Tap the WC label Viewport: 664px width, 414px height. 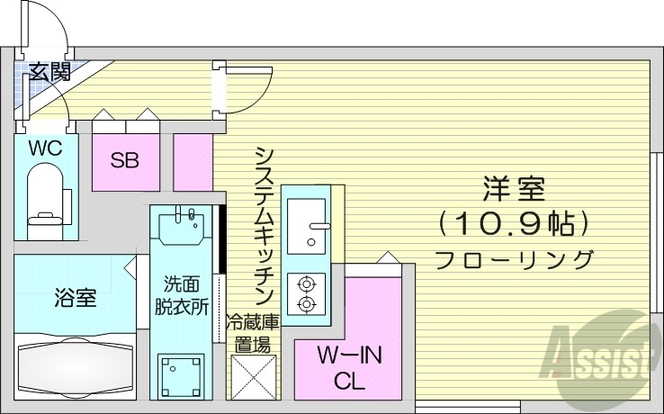pyautogui.click(x=45, y=148)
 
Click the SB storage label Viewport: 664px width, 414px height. pyautogui.click(x=124, y=161)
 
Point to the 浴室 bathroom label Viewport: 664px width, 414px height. pyautogui.click(x=76, y=298)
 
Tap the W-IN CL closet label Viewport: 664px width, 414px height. pyautogui.click(x=349, y=367)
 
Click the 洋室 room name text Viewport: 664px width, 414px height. pyautogui.click(x=514, y=191)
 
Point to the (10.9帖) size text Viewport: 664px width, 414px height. pyautogui.click(x=514, y=221)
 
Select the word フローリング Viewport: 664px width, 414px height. pyautogui.click(x=514, y=260)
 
